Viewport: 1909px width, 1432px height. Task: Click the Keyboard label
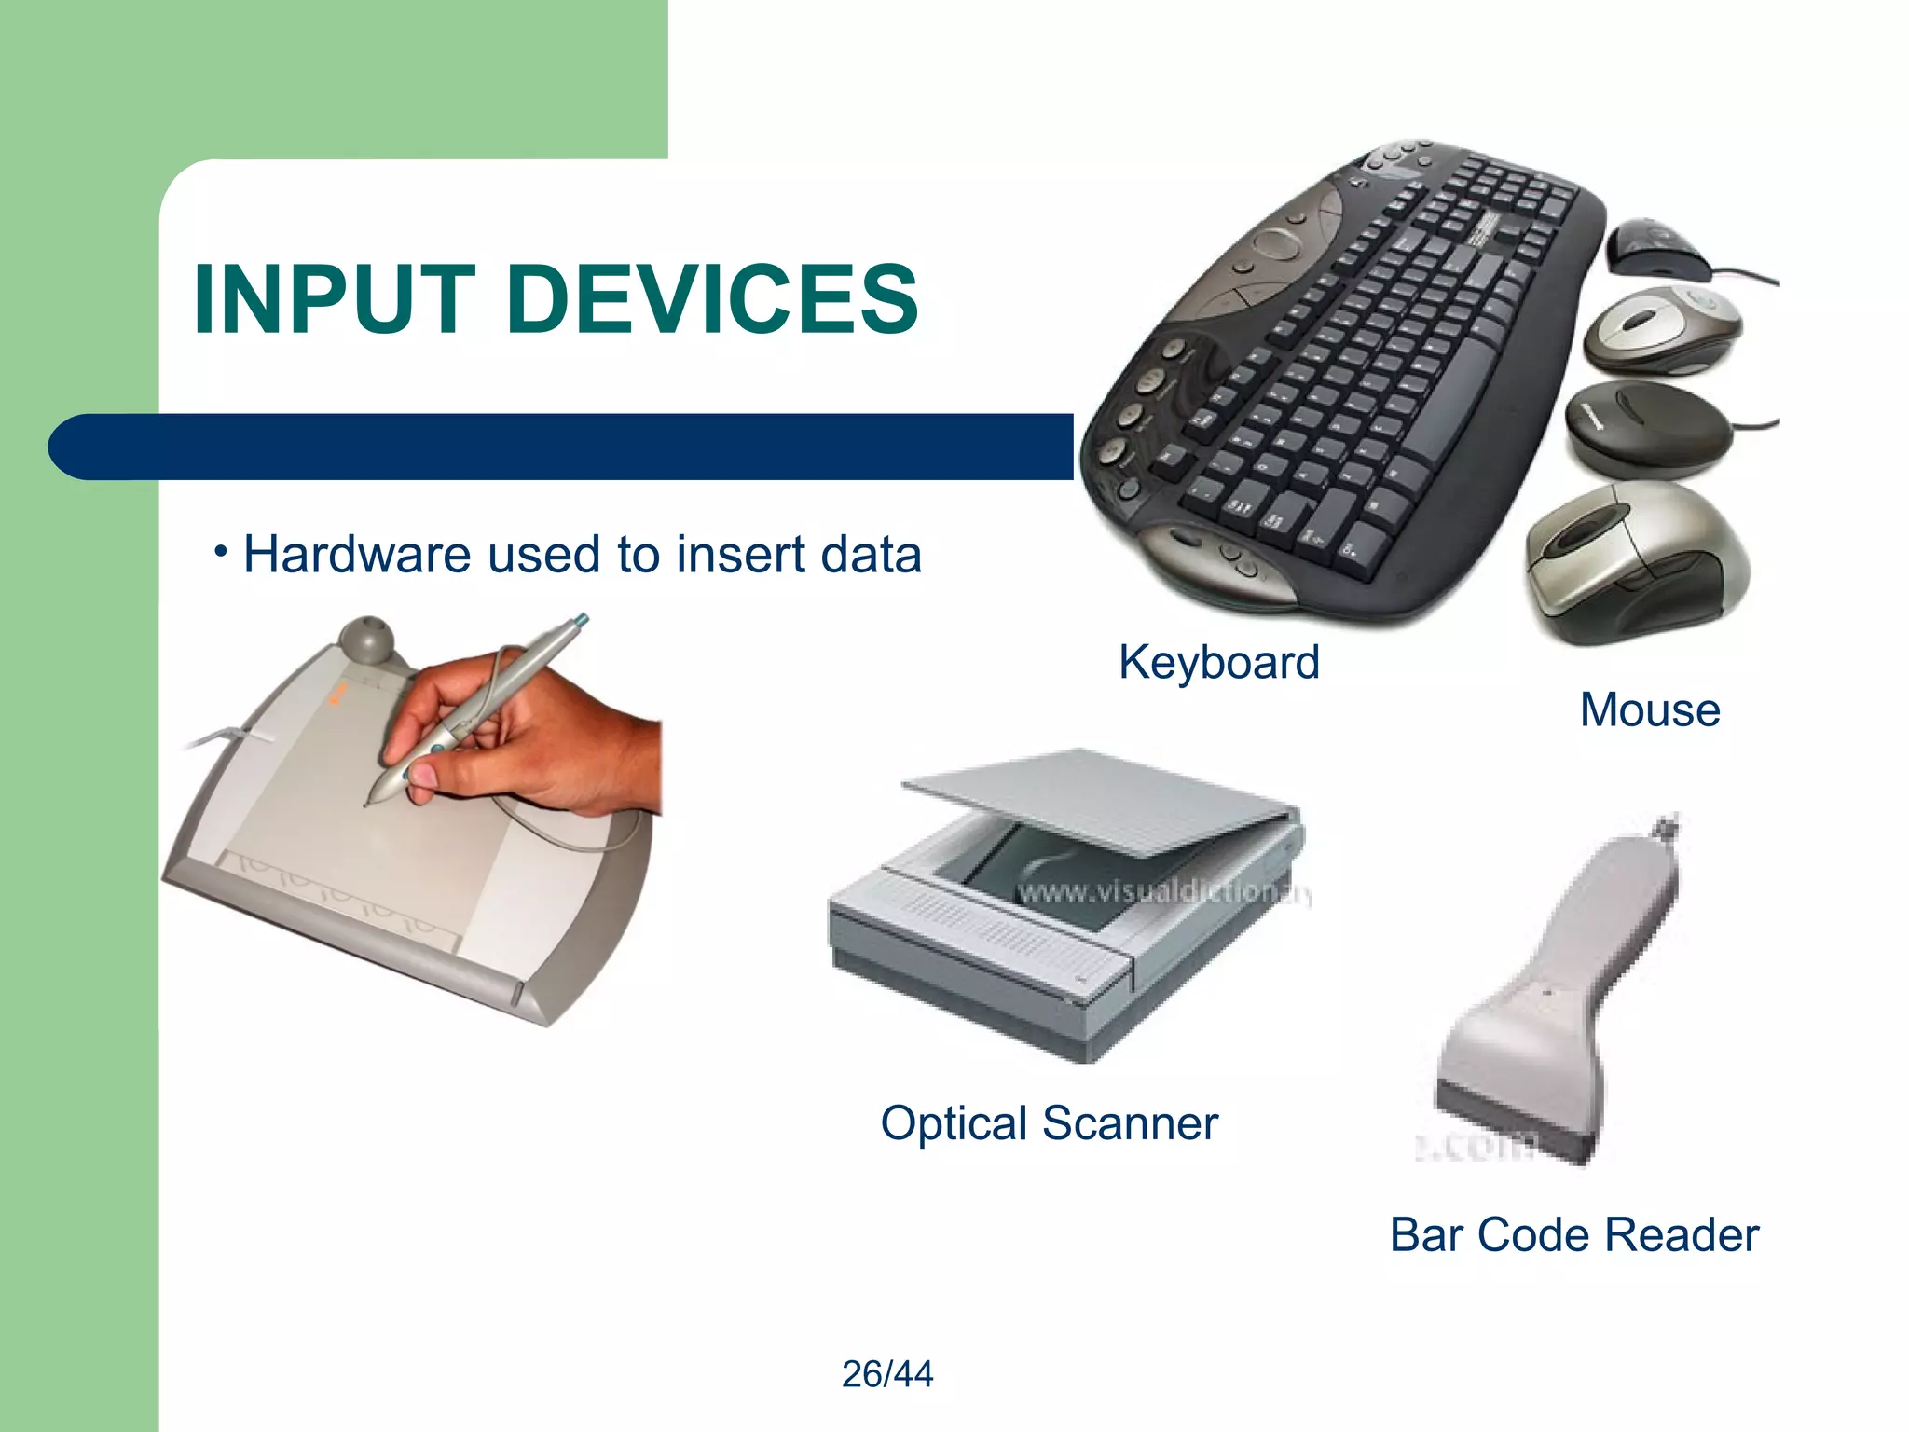point(1218,663)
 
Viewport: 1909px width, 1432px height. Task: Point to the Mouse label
point(1649,709)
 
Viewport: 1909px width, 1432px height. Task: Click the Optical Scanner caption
point(1049,1123)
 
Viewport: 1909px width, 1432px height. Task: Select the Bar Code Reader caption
point(1573,1235)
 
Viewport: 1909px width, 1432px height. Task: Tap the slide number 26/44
point(886,1374)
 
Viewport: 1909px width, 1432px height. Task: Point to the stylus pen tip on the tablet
point(366,803)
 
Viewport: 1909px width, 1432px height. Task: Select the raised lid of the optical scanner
point(1100,802)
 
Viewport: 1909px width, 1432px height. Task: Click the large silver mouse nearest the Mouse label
point(1636,564)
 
